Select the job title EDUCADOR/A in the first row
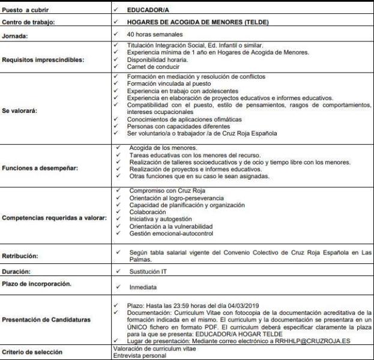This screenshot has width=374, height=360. pyautogui.click(x=148, y=10)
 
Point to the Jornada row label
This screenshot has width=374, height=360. pyautogui.click(x=17, y=36)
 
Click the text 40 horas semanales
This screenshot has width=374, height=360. pyautogui.click(x=153, y=34)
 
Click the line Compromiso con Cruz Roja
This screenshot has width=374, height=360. pyautogui.click(x=166, y=191)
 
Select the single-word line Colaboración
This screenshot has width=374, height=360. pyautogui.click(x=148, y=212)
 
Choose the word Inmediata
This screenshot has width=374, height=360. pyautogui.click(x=144, y=287)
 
